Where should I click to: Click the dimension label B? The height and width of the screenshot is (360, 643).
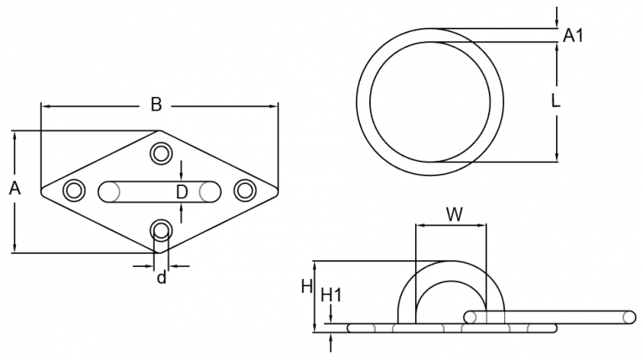[156, 105]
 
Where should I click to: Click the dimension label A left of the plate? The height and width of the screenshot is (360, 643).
[13, 189]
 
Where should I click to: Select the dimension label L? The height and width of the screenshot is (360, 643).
[556, 101]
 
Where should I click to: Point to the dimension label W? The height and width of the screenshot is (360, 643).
[453, 213]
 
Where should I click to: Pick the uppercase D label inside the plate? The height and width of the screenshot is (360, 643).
[182, 192]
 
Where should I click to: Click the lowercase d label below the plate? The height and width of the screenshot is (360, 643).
[162, 277]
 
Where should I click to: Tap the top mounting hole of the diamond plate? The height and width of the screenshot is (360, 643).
[160, 153]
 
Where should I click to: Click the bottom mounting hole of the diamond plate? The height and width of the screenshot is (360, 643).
[160, 230]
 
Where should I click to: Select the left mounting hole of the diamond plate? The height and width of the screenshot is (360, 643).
[75, 191]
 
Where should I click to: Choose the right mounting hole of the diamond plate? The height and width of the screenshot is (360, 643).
[244, 191]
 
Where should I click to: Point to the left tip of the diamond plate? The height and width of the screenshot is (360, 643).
[43, 191]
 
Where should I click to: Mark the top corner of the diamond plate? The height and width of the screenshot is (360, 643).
[159, 131]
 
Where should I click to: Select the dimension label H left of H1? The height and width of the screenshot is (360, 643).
[306, 287]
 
